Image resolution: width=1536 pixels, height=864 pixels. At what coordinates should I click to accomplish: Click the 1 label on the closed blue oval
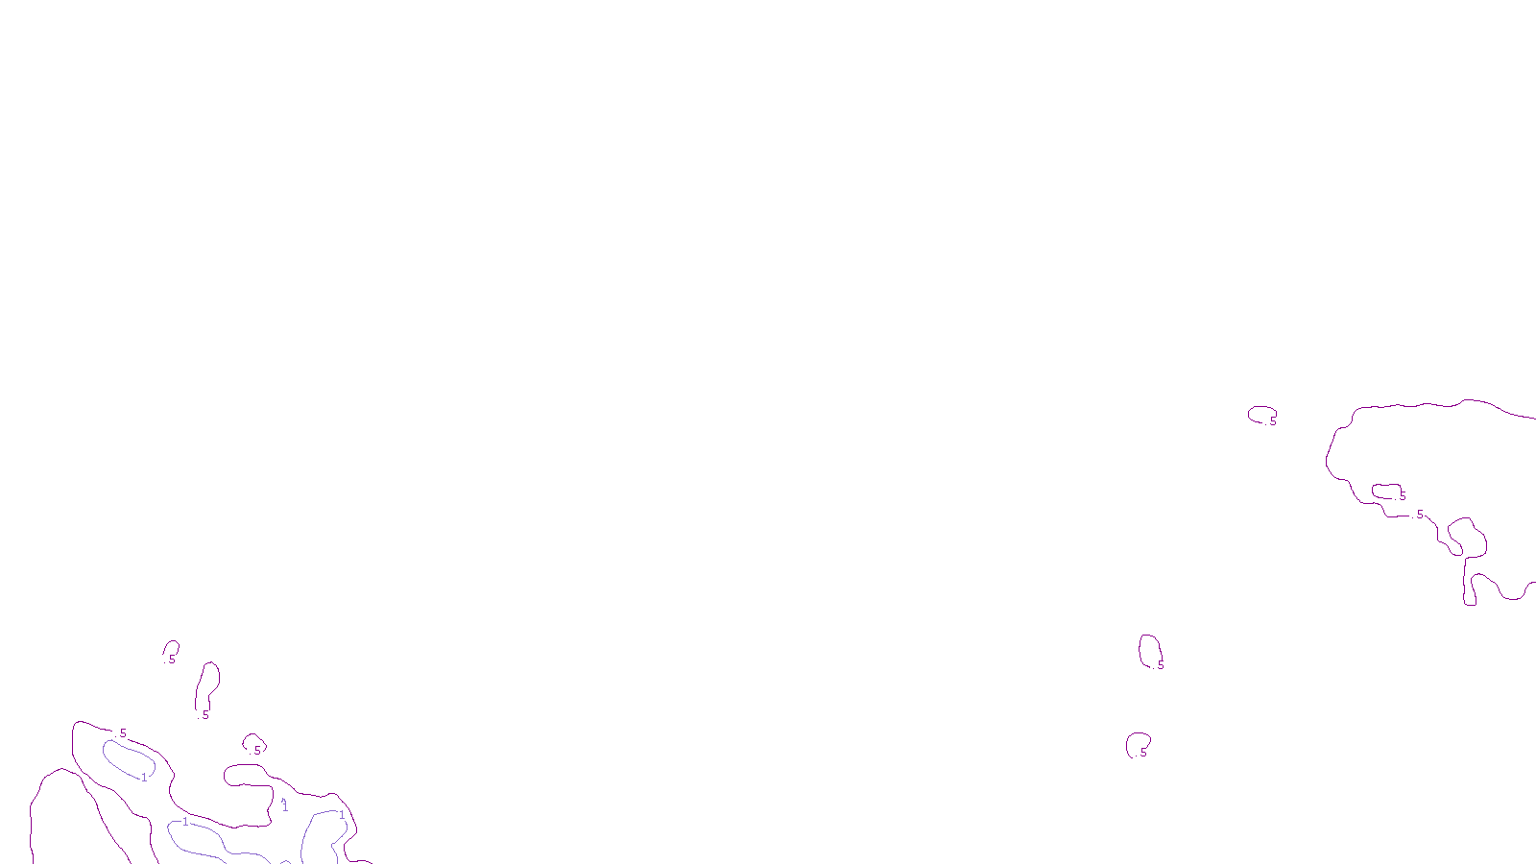point(145,778)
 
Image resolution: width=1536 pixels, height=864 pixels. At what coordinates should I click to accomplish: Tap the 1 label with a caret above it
point(285,807)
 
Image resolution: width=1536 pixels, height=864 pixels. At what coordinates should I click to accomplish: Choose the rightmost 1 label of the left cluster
point(342,815)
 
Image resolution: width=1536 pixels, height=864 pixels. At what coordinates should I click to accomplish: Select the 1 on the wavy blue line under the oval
point(185,822)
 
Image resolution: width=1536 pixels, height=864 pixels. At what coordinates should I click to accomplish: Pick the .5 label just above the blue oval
point(122,733)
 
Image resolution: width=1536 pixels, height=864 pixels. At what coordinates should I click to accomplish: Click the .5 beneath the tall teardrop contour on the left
point(204,715)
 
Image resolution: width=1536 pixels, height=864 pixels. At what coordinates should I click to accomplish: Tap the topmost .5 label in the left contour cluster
point(172,660)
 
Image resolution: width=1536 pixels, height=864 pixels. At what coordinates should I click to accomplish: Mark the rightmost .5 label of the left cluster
point(256,751)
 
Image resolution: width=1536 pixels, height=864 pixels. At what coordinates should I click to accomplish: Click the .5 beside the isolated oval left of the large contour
point(1272,421)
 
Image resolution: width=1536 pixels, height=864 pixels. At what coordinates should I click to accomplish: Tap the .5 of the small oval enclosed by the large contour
point(1402,496)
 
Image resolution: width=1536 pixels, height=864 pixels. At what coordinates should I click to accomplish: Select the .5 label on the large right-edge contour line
point(1419,516)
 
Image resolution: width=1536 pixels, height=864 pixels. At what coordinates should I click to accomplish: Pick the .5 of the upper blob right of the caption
point(1160,665)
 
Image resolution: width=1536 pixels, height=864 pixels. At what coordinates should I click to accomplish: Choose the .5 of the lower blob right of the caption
point(1142,753)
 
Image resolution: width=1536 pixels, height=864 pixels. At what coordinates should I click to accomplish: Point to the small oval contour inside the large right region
point(1385,491)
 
